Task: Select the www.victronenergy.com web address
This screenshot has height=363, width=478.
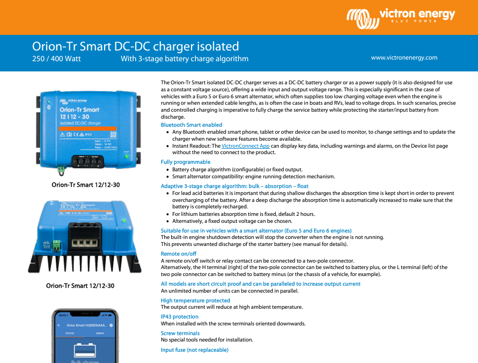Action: click(404, 57)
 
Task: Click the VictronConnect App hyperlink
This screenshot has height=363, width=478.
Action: click(245, 146)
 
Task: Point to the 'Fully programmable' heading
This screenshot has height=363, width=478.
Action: click(186, 162)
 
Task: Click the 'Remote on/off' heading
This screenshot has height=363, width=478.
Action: click(179, 253)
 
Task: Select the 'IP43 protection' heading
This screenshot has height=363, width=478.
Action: click(180, 317)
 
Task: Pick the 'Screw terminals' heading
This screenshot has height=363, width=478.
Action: click(180, 333)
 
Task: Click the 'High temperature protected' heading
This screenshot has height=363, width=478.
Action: click(195, 300)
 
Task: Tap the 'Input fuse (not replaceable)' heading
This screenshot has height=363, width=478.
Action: click(194, 350)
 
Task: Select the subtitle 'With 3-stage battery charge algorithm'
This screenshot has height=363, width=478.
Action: click(185, 59)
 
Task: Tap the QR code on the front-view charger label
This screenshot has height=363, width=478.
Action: click(113, 134)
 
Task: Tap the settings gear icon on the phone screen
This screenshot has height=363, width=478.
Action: click(111, 325)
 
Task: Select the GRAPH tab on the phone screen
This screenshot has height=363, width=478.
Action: click(100, 333)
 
